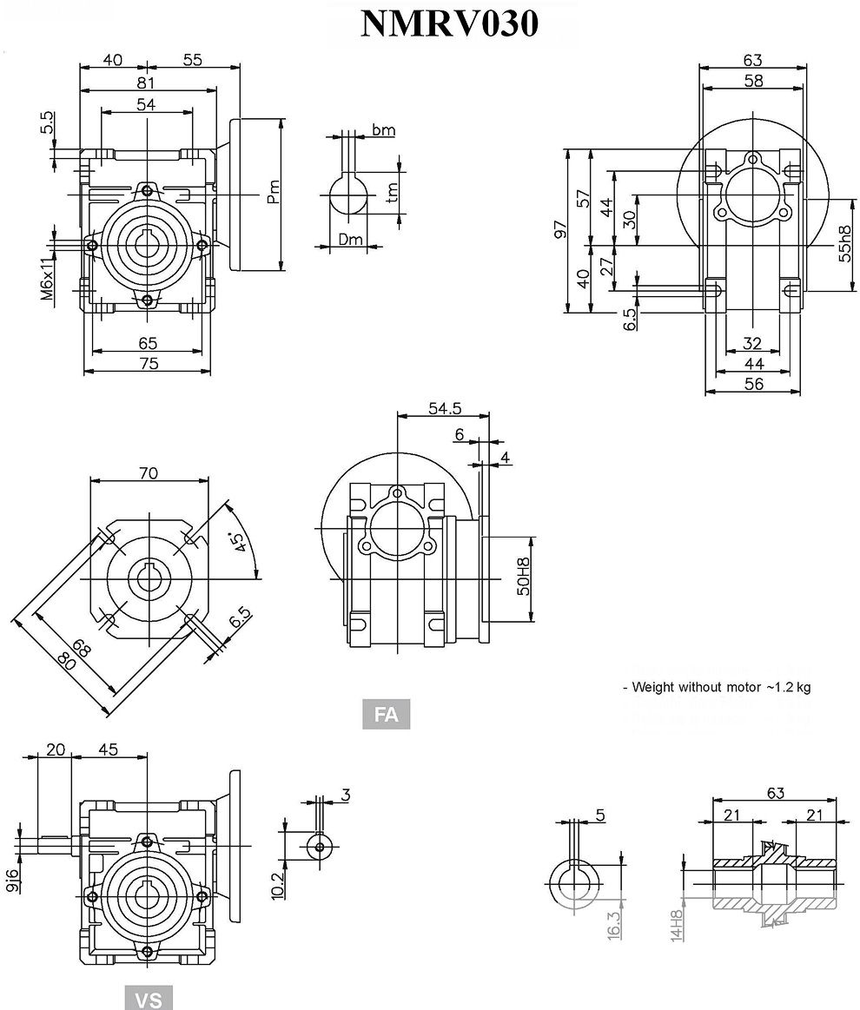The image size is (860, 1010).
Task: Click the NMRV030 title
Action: coord(449,25)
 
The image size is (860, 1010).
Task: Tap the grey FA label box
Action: coord(386,715)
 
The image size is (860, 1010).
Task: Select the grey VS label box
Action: coord(149,998)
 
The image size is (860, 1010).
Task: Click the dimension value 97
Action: coord(561,229)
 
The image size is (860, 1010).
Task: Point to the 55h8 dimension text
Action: coord(843,245)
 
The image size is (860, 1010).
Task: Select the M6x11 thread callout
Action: coord(47,276)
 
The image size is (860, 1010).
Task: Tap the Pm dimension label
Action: coord(273,192)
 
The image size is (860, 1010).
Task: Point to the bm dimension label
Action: coord(383,130)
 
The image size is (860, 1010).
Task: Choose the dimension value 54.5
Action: coord(444,408)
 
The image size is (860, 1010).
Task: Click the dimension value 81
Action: coord(146,83)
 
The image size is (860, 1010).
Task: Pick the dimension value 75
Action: coord(148,364)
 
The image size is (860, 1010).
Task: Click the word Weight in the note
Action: coord(652,687)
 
